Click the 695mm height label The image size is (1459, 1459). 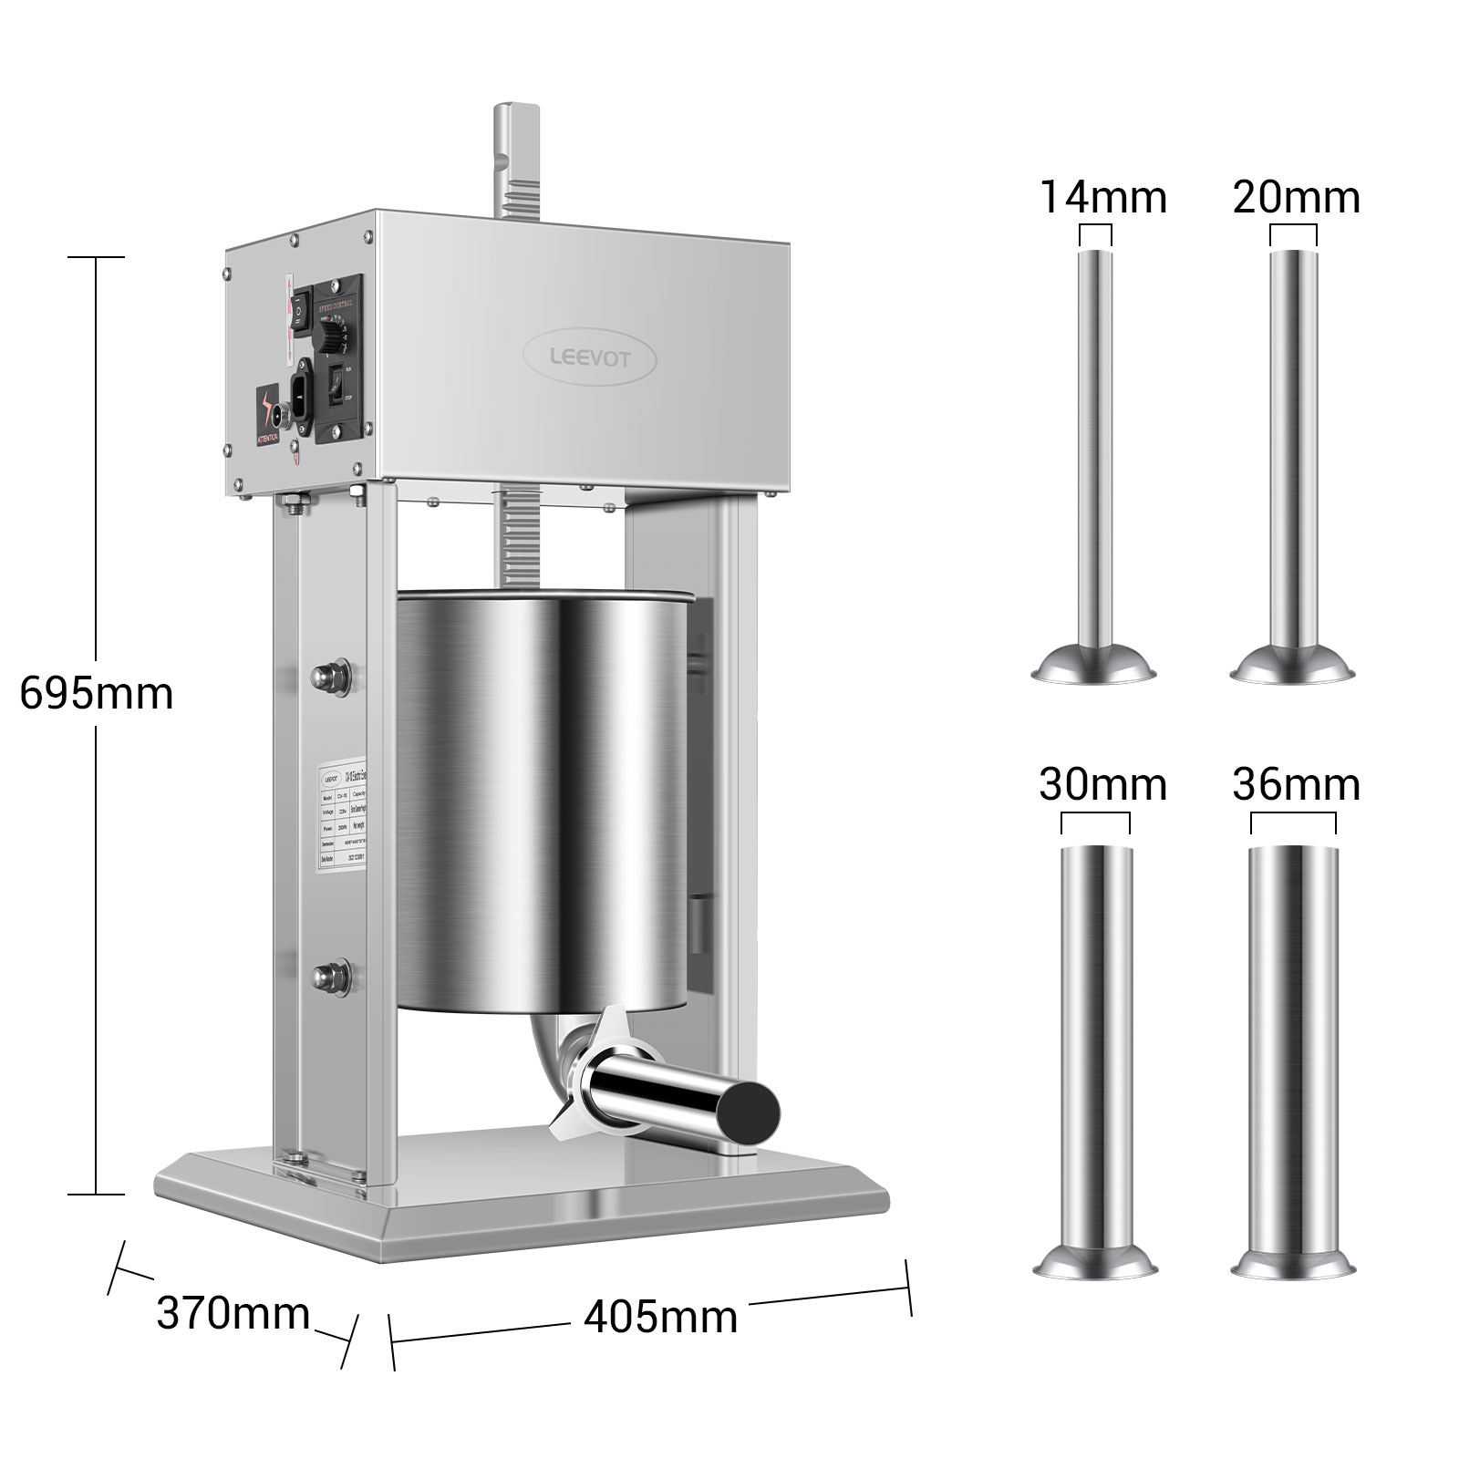click(x=96, y=694)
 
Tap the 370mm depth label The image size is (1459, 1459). click(x=233, y=1314)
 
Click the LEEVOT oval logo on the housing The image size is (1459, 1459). click(x=589, y=358)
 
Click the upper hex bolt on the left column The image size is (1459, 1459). click(x=325, y=676)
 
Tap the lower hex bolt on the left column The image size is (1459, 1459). click(x=325, y=978)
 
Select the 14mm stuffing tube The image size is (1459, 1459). click(x=1095, y=456)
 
